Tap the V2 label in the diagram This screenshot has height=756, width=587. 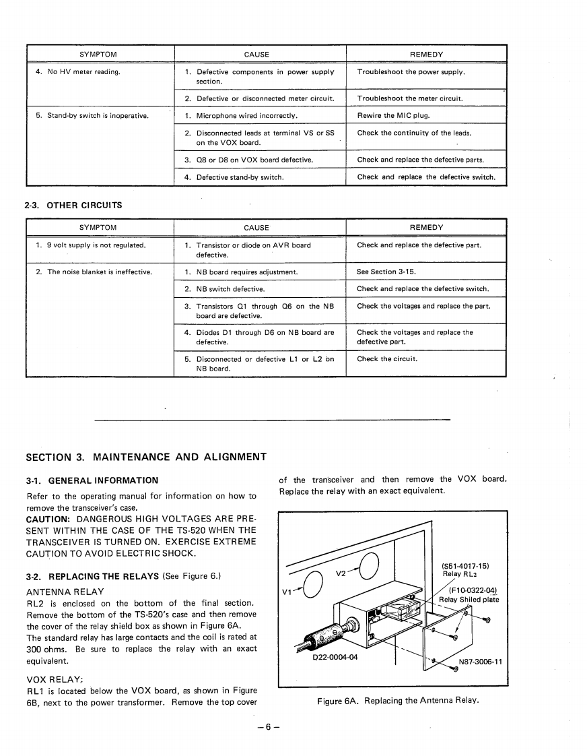coord(341,573)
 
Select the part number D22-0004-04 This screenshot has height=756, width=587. coord(335,658)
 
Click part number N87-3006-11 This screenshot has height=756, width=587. coord(480,661)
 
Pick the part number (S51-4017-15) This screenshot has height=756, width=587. coord(465,565)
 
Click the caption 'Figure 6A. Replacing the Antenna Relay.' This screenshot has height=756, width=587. coord(398,700)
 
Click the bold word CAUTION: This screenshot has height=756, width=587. coord(49,519)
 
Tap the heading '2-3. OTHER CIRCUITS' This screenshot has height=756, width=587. coord(73,205)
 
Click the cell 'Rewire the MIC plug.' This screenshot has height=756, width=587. coord(393,116)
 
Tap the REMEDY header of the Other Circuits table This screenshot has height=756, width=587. coord(426,228)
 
